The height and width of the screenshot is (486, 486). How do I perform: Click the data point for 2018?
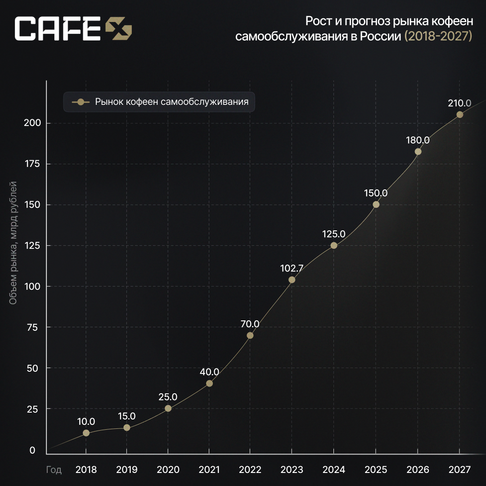86,433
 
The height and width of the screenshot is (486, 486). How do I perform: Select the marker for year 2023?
292,280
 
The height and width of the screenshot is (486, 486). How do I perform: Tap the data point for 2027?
459,115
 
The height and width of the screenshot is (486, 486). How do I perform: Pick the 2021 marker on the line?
209,383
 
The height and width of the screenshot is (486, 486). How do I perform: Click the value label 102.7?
292,268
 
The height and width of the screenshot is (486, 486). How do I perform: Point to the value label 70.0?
250,324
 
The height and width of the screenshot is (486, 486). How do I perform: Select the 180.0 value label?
418,140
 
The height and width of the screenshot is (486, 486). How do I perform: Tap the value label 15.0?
127,416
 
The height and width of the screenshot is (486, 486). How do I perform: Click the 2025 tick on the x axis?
376,470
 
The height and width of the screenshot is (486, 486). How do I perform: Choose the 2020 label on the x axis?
168,470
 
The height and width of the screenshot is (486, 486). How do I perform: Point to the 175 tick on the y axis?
32,164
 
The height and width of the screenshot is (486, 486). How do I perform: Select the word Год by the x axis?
54,470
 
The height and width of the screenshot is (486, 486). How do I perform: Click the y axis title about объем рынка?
13,243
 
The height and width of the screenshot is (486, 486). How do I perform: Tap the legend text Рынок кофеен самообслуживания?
172,102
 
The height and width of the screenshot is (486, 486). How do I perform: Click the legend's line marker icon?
81,102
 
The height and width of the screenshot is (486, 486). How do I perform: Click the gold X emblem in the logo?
119,29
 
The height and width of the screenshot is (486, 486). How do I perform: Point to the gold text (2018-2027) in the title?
438,36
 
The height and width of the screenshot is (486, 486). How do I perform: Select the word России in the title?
380,36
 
